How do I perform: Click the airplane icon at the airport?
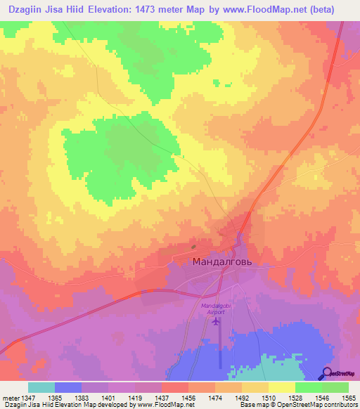coord(215,322)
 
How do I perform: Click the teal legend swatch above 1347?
coord(41,387)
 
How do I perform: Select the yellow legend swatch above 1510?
coord(282,387)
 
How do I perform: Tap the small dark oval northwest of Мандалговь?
coord(194,247)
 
